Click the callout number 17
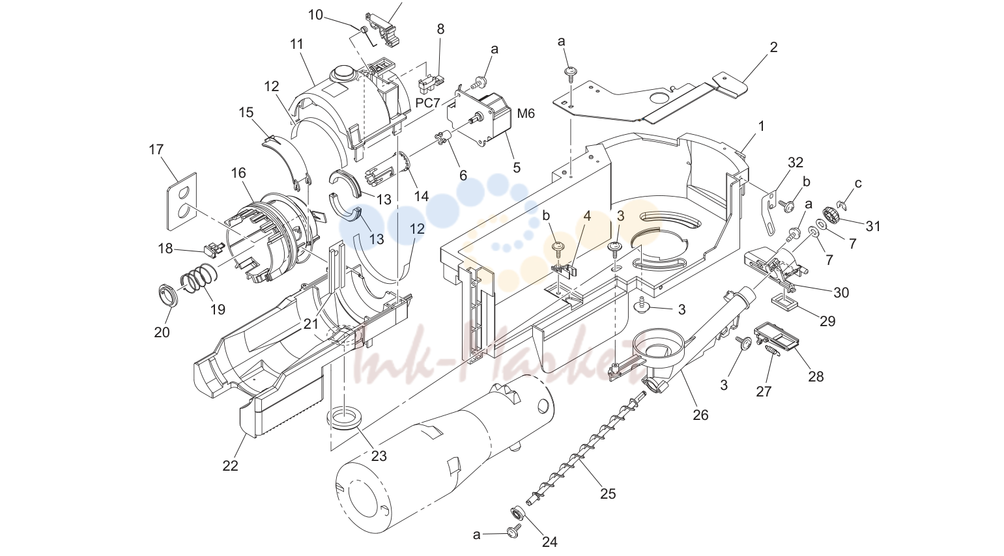point(156,149)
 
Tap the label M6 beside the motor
point(526,114)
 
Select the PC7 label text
point(427,103)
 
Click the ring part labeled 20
point(168,295)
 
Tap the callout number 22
point(231,466)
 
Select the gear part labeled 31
point(833,215)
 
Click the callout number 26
point(700,415)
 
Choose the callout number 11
point(296,44)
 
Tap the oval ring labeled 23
point(344,417)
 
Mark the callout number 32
point(796,162)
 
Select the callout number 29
point(827,321)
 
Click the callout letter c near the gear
point(858,184)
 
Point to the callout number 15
point(246,113)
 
